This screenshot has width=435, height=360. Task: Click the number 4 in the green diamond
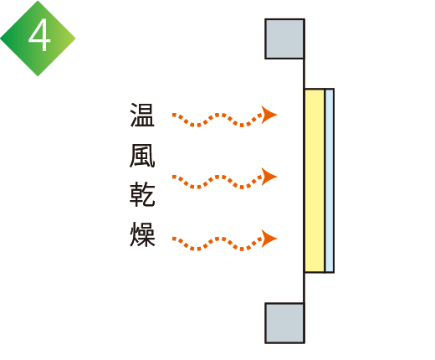[39, 36]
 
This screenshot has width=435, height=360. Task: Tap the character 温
[142, 115]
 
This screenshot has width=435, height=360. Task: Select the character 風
[142, 156]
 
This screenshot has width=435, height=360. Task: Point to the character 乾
[142, 194]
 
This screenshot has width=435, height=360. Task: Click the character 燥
[142, 234]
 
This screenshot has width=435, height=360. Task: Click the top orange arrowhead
[269, 115]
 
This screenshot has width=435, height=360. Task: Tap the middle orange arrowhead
[269, 177]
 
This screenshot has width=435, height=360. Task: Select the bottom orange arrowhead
[269, 239]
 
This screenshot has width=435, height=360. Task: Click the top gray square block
[284, 39]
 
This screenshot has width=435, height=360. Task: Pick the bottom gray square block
[284, 323]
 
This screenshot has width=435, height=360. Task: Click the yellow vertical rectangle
[315, 181]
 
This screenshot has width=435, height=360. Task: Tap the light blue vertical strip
[330, 181]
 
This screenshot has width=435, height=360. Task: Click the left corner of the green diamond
[1, 39]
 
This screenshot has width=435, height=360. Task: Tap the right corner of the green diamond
[75, 39]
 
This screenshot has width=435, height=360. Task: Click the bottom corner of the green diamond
[38, 76]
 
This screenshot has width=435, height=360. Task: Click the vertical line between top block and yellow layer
[304, 74]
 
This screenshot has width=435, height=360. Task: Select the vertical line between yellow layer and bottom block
[304, 288]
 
